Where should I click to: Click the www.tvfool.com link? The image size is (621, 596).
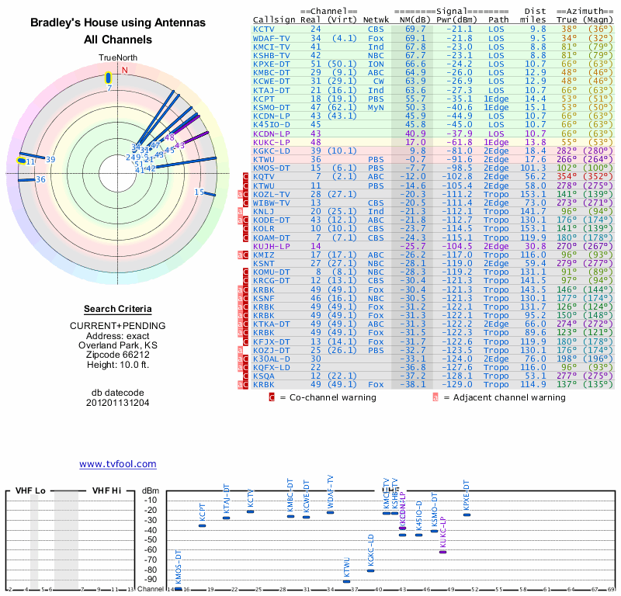click(117, 464)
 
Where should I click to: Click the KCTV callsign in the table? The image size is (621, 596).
click(264, 29)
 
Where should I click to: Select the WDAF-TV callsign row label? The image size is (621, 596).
click(272, 38)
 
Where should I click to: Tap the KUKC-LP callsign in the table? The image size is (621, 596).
click(272, 143)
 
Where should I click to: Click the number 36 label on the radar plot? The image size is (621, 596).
click(41, 179)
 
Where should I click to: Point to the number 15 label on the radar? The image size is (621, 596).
click(199, 192)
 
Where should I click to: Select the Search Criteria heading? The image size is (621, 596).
click(117, 309)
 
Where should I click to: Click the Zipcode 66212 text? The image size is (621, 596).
click(117, 355)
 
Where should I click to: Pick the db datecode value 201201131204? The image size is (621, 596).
click(117, 403)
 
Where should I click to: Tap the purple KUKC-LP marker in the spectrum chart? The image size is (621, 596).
click(442, 551)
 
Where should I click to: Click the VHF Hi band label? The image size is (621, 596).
click(107, 491)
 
